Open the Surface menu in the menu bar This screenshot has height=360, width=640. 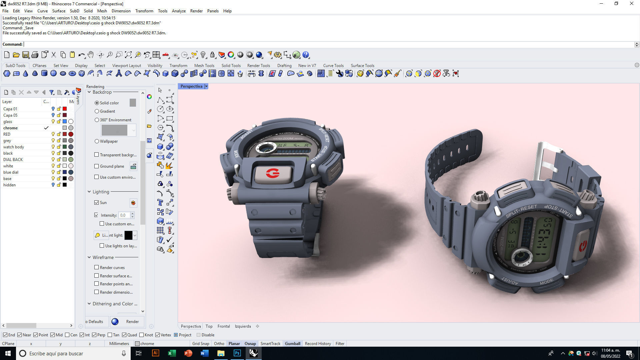[59, 11]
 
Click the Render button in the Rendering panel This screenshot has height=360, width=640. [132, 322]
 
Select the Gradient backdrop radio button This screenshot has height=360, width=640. [97, 111]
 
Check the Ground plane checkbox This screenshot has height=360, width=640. [97, 166]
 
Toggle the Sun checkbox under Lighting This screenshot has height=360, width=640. [97, 203]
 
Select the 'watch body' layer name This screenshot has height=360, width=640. [14, 147]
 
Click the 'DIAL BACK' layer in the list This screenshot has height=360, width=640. [13, 160]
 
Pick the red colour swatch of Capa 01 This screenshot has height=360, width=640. [65, 109]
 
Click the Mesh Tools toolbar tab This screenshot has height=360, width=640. [204, 66]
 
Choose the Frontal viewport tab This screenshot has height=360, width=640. [224, 326]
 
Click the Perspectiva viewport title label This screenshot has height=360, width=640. [191, 86]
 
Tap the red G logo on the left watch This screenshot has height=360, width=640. [273, 173]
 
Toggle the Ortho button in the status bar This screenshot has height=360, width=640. [219, 344]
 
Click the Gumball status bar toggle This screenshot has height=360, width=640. [292, 344]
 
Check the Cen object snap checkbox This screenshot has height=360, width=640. [67, 335]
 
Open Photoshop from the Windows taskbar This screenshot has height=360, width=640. [237, 353]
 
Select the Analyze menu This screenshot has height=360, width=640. [179, 11]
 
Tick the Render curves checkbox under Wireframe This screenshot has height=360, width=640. [97, 267]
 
